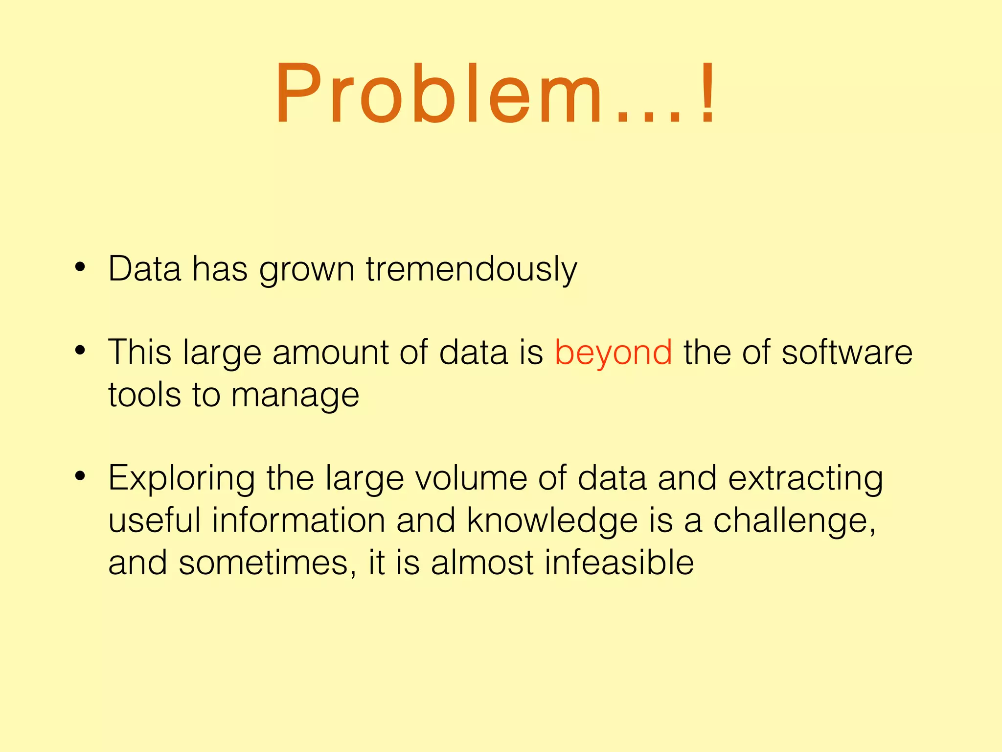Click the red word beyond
(x=613, y=352)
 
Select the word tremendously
(x=471, y=269)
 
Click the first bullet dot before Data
(x=80, y=267)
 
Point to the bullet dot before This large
(x=80, y=351)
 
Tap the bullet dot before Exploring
(x=80, y=476)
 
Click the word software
(x=846, y=352)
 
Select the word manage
(x=295, y=396)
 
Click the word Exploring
(x=182, y=478)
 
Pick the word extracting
(x=805, y=478)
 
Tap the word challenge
(x=793, y=521)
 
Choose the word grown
(x=307, y=270)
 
